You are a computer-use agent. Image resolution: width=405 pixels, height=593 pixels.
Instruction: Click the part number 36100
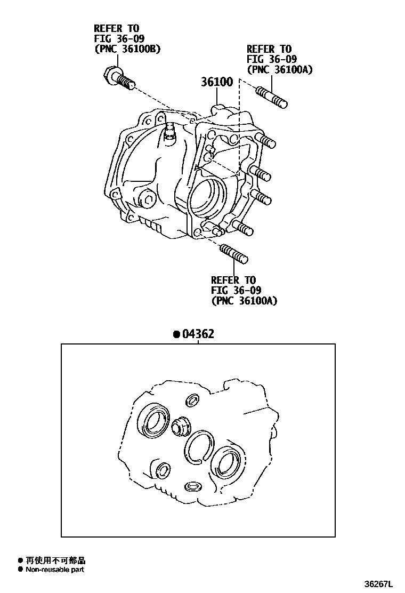[x=217, y=82]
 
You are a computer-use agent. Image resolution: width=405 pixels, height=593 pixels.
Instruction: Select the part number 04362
[x=198, y=334]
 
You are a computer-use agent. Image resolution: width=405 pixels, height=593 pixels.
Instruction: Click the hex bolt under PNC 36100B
[x=119, y=78]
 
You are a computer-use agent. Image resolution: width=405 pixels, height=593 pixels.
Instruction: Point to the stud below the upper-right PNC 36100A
[x=271, y=97]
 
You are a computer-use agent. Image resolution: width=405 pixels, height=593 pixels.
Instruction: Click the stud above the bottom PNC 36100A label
[x=233, y=253]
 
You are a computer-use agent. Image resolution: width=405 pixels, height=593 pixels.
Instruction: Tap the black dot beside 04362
[x=176, y=334]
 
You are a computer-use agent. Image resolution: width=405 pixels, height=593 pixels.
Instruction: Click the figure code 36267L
[x=378, y=584]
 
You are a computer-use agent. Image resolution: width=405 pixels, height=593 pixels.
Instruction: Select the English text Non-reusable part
[x=55, y=570]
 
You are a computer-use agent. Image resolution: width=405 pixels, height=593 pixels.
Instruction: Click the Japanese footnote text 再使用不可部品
[x=55, y=560]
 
